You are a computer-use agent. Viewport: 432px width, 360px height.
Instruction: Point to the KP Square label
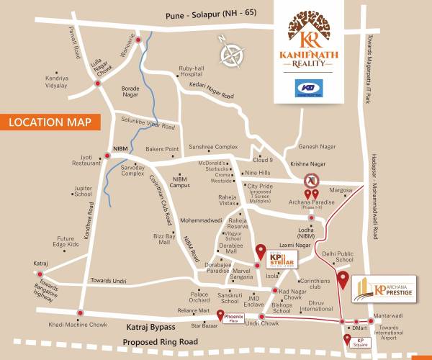click(361, 341)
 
